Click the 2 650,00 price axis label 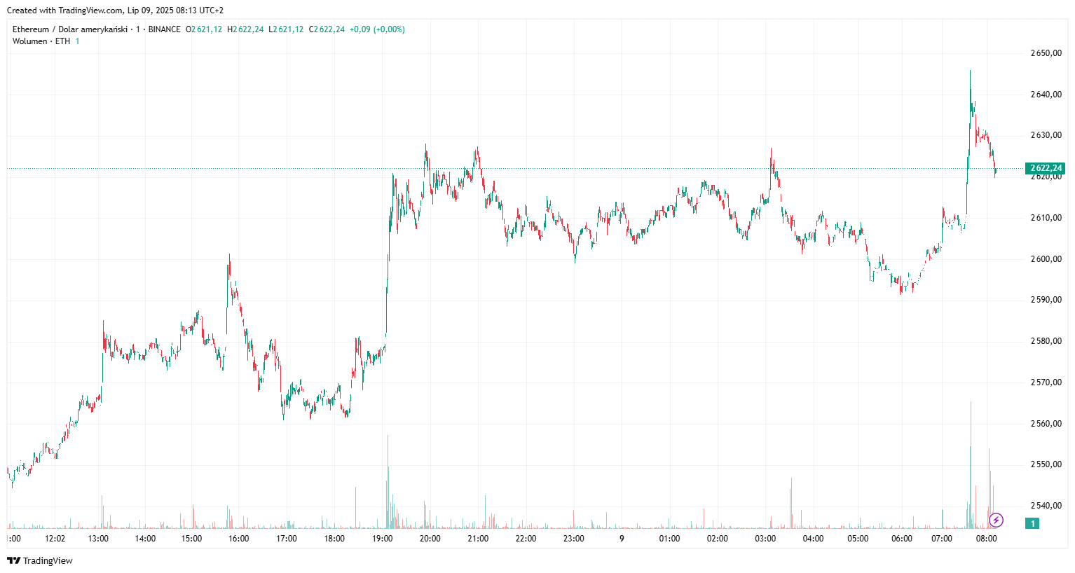point(1046,53)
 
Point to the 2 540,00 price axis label point(1046,506)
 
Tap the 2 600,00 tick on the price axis point(1046,259)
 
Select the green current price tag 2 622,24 point(1046,168)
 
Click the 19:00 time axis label point(382,539)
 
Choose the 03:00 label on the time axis point(765,539)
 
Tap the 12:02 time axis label point(55,539)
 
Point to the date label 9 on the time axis point(622,539)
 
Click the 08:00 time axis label point(986,539)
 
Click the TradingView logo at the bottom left point(40,560)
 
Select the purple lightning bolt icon point(996,520)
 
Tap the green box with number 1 point(1032,523)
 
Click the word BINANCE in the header point(164,29)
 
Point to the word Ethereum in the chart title point(31,29)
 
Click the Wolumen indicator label point(29,41)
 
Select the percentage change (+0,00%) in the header point(389,29)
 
